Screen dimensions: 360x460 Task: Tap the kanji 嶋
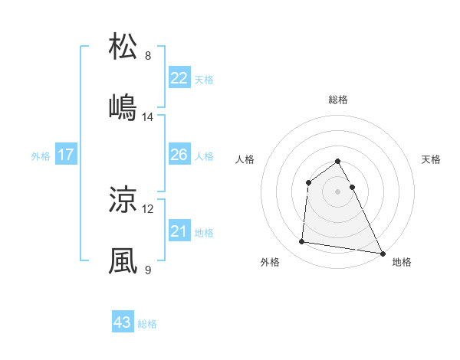[123, 107]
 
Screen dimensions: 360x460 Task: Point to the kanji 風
[123, 260]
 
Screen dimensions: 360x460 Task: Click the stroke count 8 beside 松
[148, 56]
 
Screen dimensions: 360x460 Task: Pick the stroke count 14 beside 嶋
[148, 117]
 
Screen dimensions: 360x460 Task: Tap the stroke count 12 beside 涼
[148, 209]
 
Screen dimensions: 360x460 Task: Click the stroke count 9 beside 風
[148, 270]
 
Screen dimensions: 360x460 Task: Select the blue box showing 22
[179, 78]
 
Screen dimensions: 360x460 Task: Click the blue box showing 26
[179, 155]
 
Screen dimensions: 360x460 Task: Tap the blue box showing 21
[179, 231]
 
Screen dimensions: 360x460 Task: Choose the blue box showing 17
[66, 155]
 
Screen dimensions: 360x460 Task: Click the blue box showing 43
[123, 322]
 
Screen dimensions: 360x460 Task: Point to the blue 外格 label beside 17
[41, 156]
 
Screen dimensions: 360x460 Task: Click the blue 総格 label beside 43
[147, 324]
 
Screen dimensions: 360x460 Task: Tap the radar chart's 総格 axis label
[338, 100]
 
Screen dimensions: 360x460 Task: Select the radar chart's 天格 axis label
[431, 159]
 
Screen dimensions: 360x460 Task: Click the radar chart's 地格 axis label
[402, 262]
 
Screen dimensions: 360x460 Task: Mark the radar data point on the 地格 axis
[383, 252]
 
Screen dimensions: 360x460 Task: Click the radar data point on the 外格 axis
[302, 242]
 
